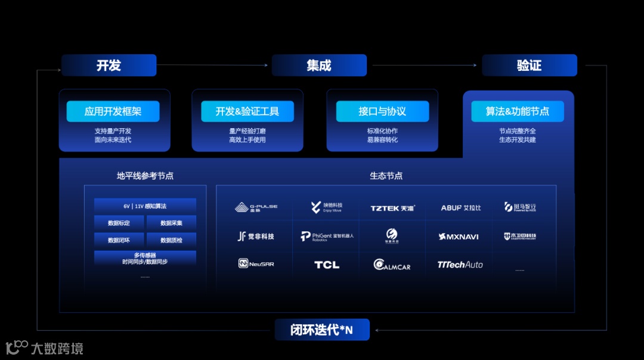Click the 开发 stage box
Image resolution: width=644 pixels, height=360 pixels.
tap(109, 66)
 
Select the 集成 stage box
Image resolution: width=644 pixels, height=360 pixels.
tap(319, 66)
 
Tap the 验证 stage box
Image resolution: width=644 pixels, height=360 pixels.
tap(530, 66)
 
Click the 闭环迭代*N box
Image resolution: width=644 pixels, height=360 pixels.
tap(322, 330)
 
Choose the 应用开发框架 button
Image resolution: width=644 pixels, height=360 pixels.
tap(113, 111)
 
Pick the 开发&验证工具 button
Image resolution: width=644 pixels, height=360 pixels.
tap(247, 111)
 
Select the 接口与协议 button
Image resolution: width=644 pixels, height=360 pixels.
tap(382, 111)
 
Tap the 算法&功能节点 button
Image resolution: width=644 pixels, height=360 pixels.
tap(518, 111)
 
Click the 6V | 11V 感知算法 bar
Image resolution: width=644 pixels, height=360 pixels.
tap(145, 206)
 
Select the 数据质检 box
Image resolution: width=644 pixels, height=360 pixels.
tap(172, 240)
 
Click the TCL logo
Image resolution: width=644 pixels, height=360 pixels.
tap(327, 265)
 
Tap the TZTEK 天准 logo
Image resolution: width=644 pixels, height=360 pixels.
tap(393, 208)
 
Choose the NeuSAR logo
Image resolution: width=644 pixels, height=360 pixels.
tap(256, 263)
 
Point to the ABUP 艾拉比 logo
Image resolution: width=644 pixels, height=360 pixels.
tap(461, 208)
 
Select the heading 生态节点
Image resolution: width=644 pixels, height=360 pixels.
tap(386, 176)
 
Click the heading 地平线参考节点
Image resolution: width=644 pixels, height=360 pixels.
tap(145, 176)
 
